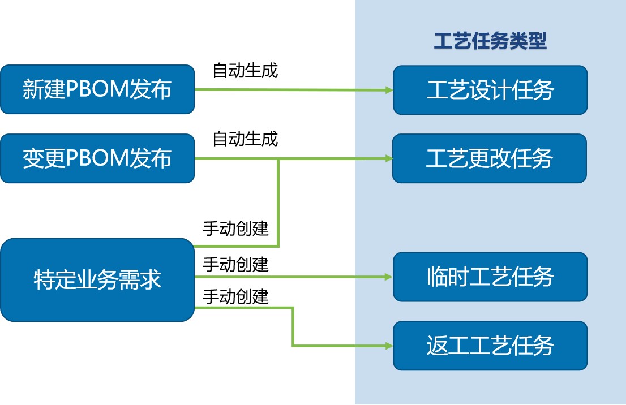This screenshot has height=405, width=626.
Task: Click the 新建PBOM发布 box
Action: pyautogui.click(x=97, y=89)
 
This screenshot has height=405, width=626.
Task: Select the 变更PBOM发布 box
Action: pyautogui.click(x=97, y=158)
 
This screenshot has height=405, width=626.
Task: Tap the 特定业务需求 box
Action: pyautogui.click(x=97, y=279)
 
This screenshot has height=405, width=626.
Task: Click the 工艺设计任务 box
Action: pyautogui.click(x=490, y=90)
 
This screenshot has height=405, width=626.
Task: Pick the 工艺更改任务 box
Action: pyautogui.click(x=490, y=158)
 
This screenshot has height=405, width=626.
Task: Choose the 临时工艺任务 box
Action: pyautogui.click(x=490, y=277)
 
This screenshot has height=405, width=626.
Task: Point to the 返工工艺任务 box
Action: pyautogui.click(x=490, y=346)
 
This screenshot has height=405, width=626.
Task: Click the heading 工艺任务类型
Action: pyautogui.click(x=490, y=41)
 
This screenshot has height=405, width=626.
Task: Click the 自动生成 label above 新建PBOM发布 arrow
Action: pyautogui.click(x=245, y=70)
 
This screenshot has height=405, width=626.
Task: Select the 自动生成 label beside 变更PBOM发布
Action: pyautogui.click(x=245, y=139)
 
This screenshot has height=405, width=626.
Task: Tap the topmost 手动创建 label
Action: pyautogui.click(x=235, y=228)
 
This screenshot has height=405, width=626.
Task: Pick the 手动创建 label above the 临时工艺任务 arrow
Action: pyautogui.click(x=235, y=265)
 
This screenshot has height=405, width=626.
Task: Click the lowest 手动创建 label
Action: pyautogui.click(x=235, y=296)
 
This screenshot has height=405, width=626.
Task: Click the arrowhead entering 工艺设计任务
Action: pyautogui.click(x=389, y=90)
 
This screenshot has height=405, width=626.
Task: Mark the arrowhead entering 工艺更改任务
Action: pyautogui.click(x=389, y=158)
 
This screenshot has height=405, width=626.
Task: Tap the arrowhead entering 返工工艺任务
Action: pyautogui.click(x=389, y=346)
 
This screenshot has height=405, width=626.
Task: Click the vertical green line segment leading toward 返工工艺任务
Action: pyautogui.click(x=293, y=327)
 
